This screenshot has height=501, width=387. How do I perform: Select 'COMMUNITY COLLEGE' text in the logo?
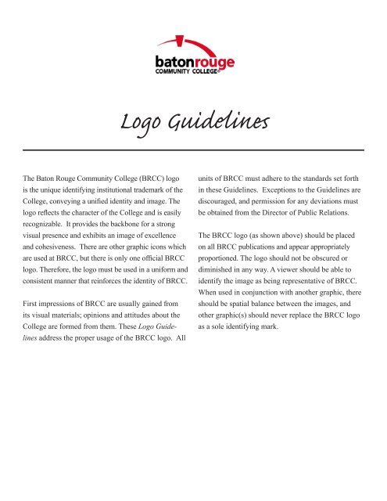pyautogui.click(x=192, y=71)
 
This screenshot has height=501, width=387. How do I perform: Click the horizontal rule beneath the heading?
pyautogui.click(x=193, y=149)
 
